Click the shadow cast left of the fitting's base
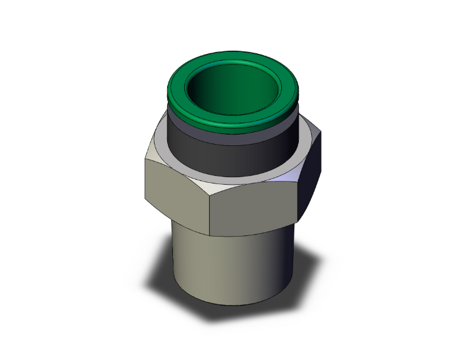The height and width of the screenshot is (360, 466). (x=160, y=285)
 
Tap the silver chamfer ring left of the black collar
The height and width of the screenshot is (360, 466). (x=161, y=141)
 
